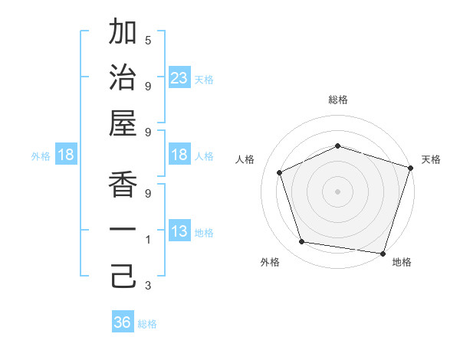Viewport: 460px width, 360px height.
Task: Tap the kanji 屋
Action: click(123, 123)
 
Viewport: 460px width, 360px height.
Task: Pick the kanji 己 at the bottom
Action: click(123, 277)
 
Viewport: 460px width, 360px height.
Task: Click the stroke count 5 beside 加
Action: click(148, 40)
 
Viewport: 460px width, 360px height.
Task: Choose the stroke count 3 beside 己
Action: click(148, 286)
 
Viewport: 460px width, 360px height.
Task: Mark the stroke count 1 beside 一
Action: click(148, 240)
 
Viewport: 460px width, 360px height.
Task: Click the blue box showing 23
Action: click(179, 77)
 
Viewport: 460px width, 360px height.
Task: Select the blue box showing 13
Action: click(179, 231)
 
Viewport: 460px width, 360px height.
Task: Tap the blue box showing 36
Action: click(123, 322)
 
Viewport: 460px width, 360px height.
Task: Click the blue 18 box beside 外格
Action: click(66, 155)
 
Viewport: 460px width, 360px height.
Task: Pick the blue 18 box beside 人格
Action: click(179, 155)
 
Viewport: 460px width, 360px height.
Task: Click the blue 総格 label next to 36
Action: click(147, 324)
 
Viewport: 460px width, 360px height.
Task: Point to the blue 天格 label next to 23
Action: click(203, 79)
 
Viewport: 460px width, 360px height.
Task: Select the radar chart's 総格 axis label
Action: click(337, 100)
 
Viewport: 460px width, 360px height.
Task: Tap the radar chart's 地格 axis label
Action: click(402, 262)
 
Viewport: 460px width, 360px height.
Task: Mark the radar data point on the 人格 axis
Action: click(280, 172)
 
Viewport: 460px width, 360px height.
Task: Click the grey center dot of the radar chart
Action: click(337, 191)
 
